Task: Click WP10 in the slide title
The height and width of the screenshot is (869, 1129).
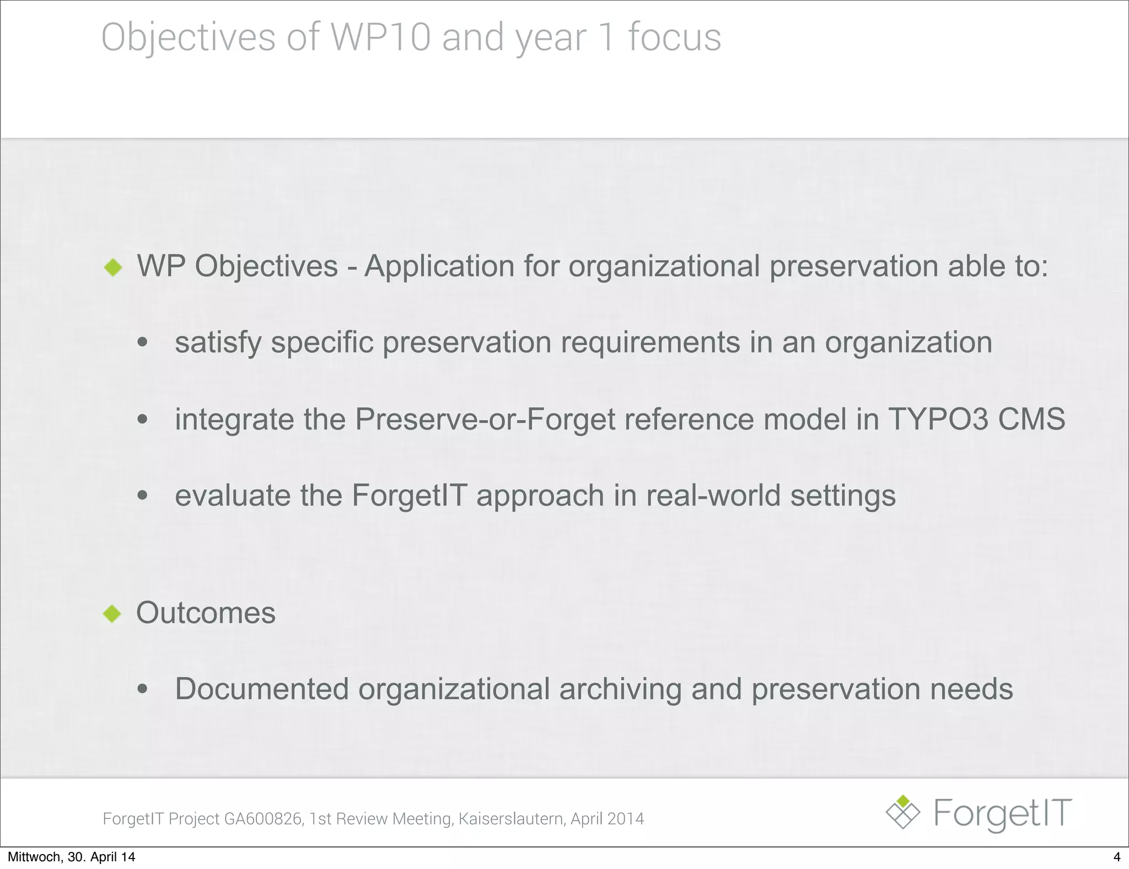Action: [380, 37]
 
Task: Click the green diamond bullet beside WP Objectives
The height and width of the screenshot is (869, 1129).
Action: [113, 267]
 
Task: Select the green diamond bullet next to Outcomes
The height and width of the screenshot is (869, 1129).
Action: [112, 614]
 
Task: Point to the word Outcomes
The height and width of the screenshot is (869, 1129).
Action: [206, 613]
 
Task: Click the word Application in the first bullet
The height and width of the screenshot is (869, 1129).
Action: [439, 266]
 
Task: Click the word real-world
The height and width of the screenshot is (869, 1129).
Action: [713, 495]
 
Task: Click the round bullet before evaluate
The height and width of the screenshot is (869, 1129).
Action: [143, 496]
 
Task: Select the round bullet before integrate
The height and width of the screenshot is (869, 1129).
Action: [143, 420]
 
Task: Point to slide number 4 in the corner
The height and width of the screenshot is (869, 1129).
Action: [1117, 857]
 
